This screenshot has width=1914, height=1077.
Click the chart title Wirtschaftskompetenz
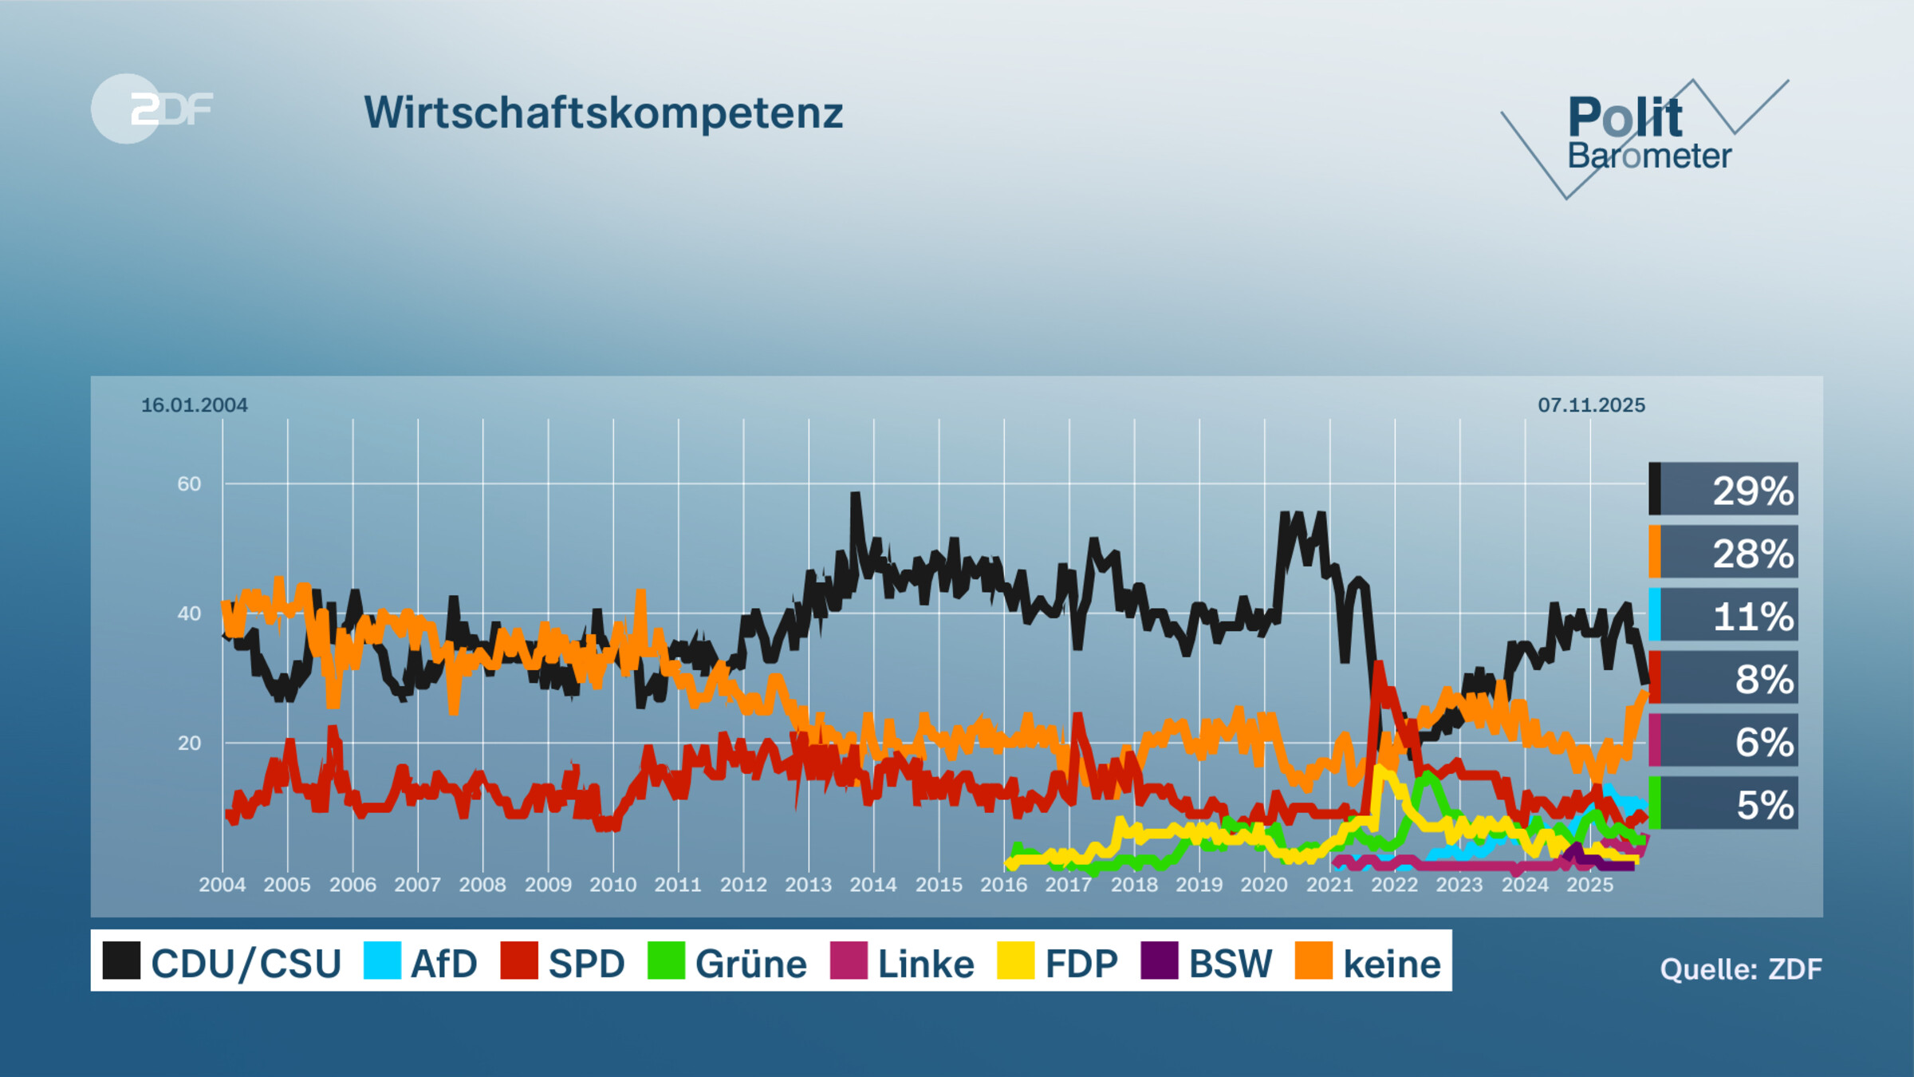coord(604,112)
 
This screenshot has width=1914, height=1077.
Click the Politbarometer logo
coord(1644,136)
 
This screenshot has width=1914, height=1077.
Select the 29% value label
coord(1752,490)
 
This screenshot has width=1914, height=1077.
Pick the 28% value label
coord(1752,553)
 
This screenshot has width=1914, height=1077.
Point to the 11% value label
coord(1752,616)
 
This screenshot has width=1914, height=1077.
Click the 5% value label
coord(1764,805)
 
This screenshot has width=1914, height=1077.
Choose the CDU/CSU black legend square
coord(121,961)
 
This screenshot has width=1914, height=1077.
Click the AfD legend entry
coord(420,962)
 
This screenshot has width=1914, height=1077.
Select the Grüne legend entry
coord(727,962)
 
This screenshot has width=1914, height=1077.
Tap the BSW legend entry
coord(1207,962)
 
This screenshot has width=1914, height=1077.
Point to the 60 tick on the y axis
coord(189,483)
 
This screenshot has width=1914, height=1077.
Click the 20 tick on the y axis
coord(189,744)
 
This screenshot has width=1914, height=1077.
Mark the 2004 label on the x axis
coord(222,885)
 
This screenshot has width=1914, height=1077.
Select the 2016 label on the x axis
coord(1003,885)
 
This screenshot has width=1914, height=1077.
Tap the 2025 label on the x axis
coord(1589,885)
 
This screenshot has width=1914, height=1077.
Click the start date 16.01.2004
coord(194,405)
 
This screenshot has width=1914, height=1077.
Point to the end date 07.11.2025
coord(1591,405)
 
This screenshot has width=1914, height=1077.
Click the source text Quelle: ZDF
coord(1741,969)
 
